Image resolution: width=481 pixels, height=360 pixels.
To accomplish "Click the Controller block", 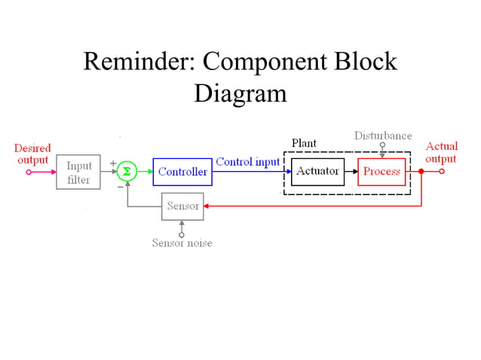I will point(182,172).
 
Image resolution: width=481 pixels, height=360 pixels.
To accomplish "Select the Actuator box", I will point(317,172).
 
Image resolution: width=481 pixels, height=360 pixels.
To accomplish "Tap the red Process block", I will point(381,172).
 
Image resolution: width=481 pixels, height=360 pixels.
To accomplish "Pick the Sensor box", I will point(182,206).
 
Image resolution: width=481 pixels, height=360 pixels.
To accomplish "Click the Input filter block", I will point(78,172).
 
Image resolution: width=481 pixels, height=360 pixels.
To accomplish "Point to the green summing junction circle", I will point(127,172).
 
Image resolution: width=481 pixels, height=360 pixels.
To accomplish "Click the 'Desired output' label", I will point(32,154).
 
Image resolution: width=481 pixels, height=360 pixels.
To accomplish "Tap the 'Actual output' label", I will point(441,152).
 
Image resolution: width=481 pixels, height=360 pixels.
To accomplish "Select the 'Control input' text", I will point(247,162).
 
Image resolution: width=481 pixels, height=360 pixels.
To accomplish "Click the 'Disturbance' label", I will point(383,136).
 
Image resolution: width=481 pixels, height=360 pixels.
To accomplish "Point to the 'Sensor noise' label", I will point(182,243).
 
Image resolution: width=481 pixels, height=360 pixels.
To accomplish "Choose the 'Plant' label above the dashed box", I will point(304,143).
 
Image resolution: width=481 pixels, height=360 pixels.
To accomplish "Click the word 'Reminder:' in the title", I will point(138,62).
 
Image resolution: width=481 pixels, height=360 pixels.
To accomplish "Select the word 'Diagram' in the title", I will point(240,93).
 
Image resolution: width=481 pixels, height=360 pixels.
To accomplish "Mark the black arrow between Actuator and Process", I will point(351,172).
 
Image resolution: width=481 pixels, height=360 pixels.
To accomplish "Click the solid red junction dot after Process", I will point(421,172).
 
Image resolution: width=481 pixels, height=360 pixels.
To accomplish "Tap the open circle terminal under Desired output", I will point(29,172).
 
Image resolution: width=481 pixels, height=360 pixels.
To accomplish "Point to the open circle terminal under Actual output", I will point(443,172).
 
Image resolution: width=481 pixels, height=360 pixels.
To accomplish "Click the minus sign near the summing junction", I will point(120,185).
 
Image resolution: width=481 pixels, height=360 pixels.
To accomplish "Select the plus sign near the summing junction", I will point(113,163).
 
